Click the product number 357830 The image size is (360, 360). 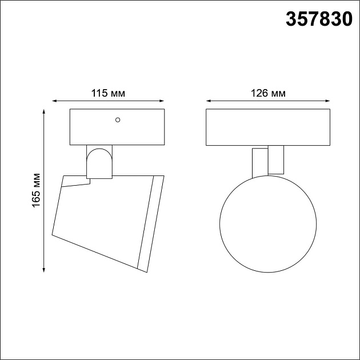[x=319, y=19]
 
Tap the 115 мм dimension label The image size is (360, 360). [x=108, y=94]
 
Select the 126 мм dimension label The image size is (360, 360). [x=268, y=94]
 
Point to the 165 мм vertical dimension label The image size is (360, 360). [x=36, y=190]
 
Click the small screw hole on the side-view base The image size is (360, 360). [x=118, y=120]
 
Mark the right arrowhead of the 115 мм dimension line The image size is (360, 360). [x=162, y=101]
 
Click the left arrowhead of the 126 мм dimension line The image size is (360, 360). [x=209, y=101]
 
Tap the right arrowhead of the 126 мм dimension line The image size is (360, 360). [x=327, y=101]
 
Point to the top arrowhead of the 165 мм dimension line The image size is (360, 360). [x=44, y=111]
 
